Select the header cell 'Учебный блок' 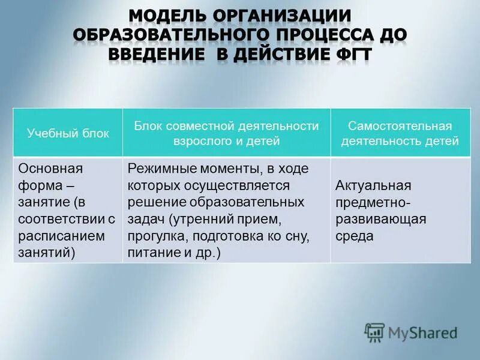tap(68, 133)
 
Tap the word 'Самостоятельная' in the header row tap(400, 126)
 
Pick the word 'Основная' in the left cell tap(51, 169)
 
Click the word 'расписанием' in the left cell tap(62, 236)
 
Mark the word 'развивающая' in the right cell tap(381, 219)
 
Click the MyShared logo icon tap(375, 332)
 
